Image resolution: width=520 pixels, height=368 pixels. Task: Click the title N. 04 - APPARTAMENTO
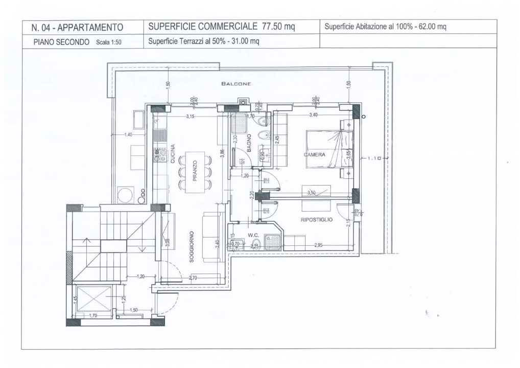(77, 27)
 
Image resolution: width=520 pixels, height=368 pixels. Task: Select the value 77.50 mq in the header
(278, 27)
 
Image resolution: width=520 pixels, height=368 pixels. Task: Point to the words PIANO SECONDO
(61, 42)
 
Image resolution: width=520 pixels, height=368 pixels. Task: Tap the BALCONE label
(235, 84)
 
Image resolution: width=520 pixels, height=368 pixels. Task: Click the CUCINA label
(173, 153)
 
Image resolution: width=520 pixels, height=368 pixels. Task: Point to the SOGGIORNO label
(192, 247)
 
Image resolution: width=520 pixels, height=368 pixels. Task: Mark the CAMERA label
(315, 154)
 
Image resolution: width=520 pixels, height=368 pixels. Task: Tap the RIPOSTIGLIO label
(317, 219)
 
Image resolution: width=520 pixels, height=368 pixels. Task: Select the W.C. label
(254, 235)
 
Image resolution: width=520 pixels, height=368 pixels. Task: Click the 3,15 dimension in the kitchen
(190, 117)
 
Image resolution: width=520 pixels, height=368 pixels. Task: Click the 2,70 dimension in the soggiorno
(194, 278)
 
